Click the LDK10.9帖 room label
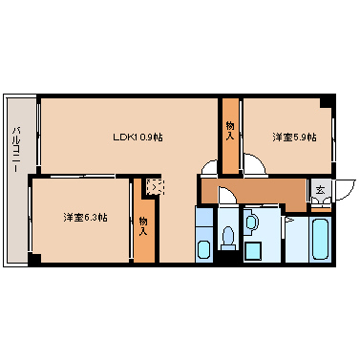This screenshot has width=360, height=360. (x=138, y=137)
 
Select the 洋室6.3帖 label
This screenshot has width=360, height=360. (x=85, y=217)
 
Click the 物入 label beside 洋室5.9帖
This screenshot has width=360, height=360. (x=230, y=130)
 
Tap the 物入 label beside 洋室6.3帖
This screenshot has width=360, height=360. (x=142, y=225)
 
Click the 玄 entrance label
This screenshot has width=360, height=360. (x=320, y=191)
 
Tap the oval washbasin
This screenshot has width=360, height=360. (x=250, y=223)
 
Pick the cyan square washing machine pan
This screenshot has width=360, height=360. (x=254, y=251)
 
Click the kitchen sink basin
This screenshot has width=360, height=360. (x=203, y=251)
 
